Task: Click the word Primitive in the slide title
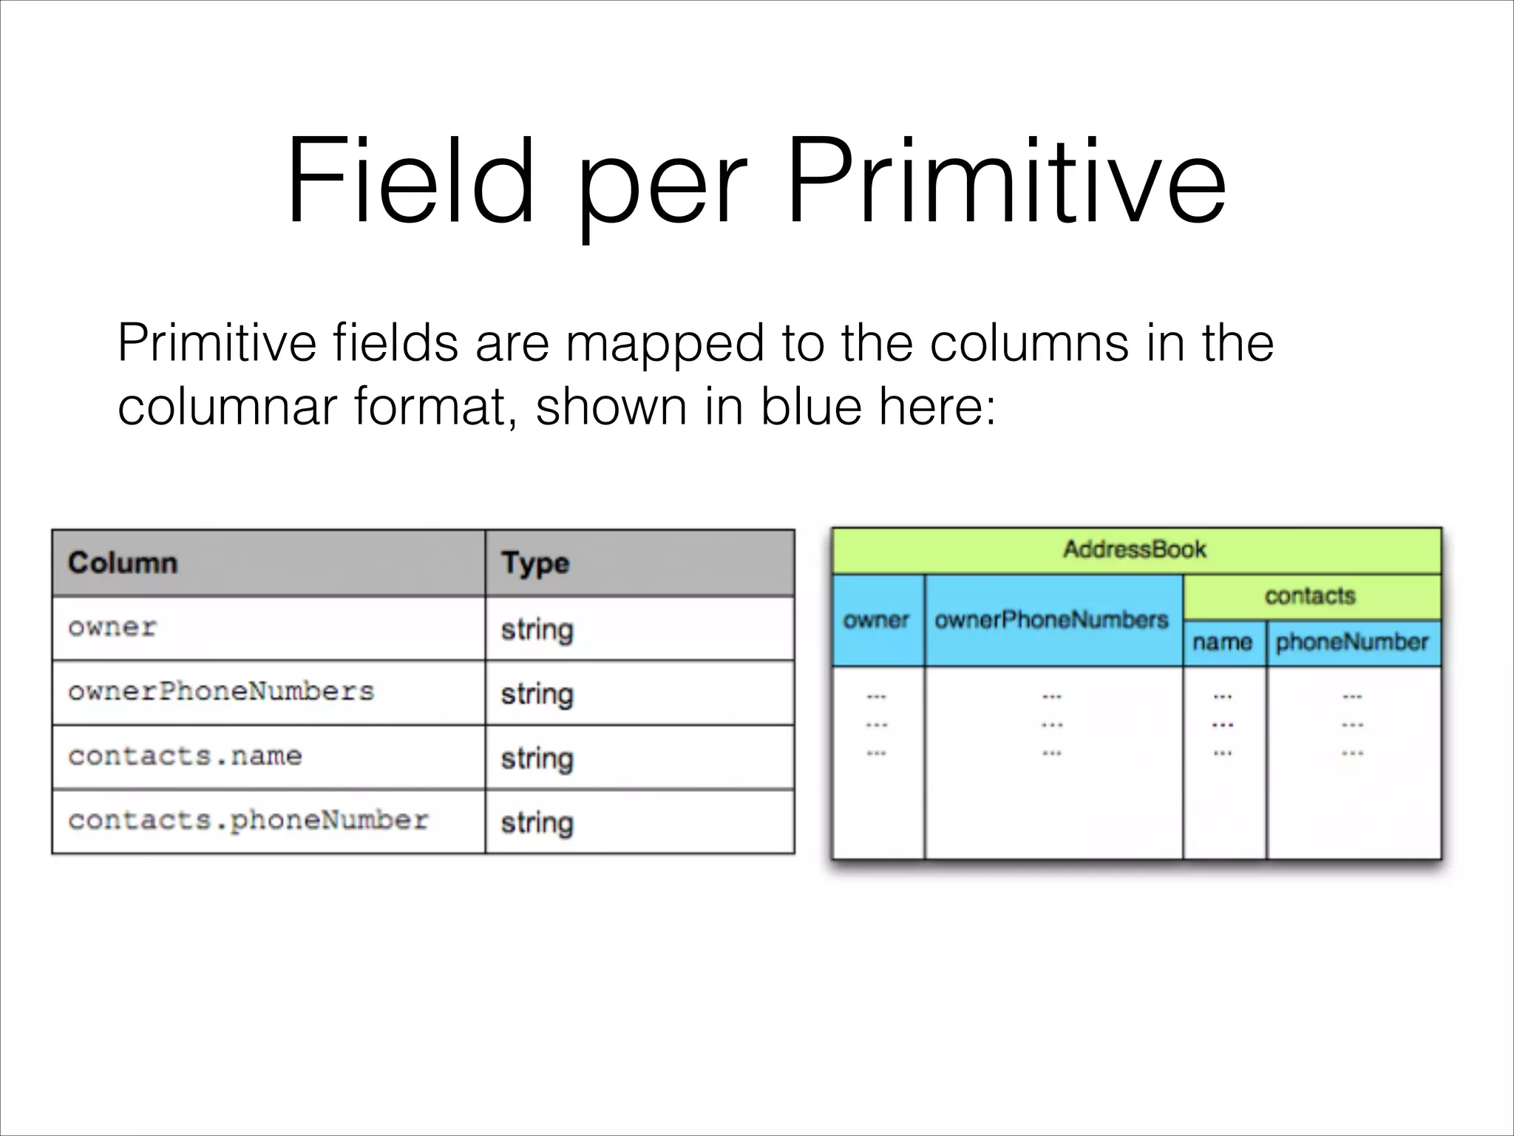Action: tap(1005, 181)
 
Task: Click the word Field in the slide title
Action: tap(410, 181)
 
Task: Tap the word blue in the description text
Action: tap(811, 407)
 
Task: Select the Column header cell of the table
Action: tap(269, 564)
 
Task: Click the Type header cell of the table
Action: tap(639, 564)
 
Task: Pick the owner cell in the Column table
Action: tap(269, 629)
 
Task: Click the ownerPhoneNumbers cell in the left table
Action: tap(269, 693)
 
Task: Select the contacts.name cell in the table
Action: tap(269, 757)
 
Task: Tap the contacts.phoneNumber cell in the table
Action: tap(269, 822)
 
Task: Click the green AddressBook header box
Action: tap(1135, 550)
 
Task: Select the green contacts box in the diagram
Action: tap(1311, 596)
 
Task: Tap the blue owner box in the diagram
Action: tap(877, 621)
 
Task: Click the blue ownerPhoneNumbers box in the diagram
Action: tap(1052, 621)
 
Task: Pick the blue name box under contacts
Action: tap(1223, 643)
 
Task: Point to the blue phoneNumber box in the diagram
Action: tap(1353, 643)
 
